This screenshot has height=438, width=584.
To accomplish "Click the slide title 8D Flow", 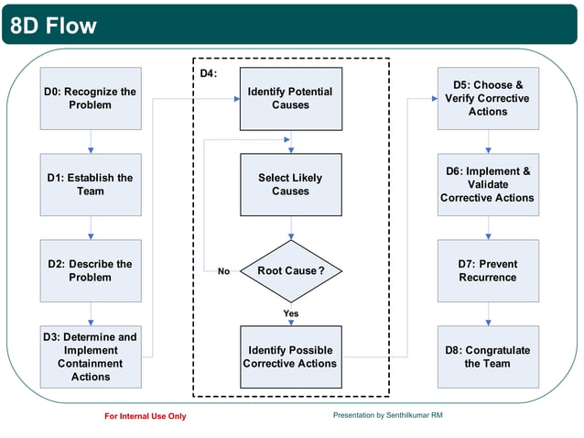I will point(52,25).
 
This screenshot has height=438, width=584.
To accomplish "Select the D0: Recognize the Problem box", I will point(91,98).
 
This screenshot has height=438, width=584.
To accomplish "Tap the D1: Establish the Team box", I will point(91,184).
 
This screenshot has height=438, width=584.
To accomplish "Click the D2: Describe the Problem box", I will point(91,270).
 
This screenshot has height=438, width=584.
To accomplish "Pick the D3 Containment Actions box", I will point(91,356).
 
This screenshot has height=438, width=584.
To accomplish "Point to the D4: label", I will point(209,72).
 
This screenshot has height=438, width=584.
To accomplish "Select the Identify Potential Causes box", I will point(290,98).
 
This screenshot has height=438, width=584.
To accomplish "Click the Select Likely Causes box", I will point(290,184).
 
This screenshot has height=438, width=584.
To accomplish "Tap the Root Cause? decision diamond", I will point(290,271).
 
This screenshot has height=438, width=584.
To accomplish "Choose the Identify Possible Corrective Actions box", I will point(290,356).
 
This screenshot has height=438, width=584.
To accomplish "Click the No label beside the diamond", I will point(223,271).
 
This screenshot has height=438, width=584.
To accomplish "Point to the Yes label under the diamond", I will point(291,313).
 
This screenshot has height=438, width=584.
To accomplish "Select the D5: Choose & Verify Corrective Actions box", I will point(487,98).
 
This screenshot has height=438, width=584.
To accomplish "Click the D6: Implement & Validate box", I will point(487,184).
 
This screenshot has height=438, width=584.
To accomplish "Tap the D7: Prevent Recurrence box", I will point(487,270).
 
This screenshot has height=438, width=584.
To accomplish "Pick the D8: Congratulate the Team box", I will point(487,356).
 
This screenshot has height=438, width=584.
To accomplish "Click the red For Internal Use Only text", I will point(146,416).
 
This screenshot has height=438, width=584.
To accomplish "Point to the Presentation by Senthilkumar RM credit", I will point(388,415).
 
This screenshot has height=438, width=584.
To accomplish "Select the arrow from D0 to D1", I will point(91,141).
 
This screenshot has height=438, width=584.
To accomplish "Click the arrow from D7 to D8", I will point(487,313).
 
